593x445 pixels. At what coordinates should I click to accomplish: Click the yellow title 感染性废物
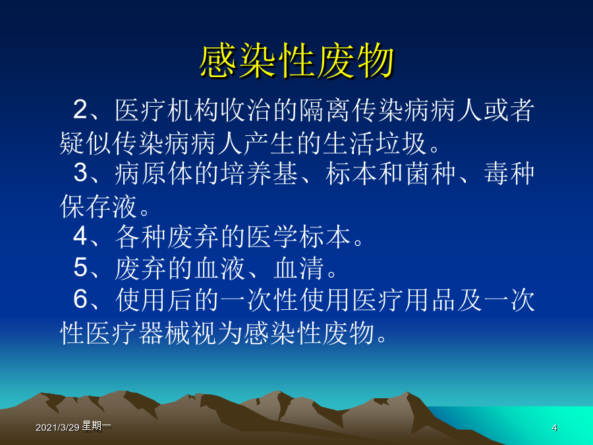point(297,61)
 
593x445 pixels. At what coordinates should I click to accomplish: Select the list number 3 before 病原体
point(80,173)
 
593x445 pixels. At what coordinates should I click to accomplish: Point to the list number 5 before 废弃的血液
point(80,268)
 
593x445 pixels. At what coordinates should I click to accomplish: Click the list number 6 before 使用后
point(80,299)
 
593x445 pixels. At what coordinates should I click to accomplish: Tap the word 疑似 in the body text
point(86,144)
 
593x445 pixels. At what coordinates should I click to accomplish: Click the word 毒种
point(509,173)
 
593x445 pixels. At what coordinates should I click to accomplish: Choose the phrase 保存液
point(98,206)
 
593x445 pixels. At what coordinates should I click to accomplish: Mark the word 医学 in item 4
point(272,237)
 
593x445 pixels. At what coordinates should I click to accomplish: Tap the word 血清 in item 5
point(298,268)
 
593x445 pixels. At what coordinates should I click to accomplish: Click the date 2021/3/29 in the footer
point(57,428)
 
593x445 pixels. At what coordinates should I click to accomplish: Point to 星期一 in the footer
point(96,427)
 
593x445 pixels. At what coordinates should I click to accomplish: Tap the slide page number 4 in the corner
point(554,428)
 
